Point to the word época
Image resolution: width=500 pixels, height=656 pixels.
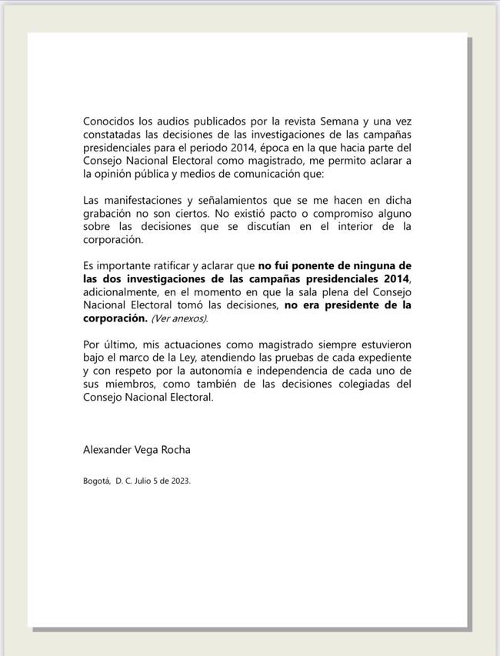click(277, 148)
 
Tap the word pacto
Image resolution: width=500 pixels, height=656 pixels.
click(277, 213)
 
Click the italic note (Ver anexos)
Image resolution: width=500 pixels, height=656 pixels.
click(179, 318)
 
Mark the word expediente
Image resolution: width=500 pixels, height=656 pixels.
click(381, 358)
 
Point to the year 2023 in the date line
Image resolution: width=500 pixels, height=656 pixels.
click(179, 481)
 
